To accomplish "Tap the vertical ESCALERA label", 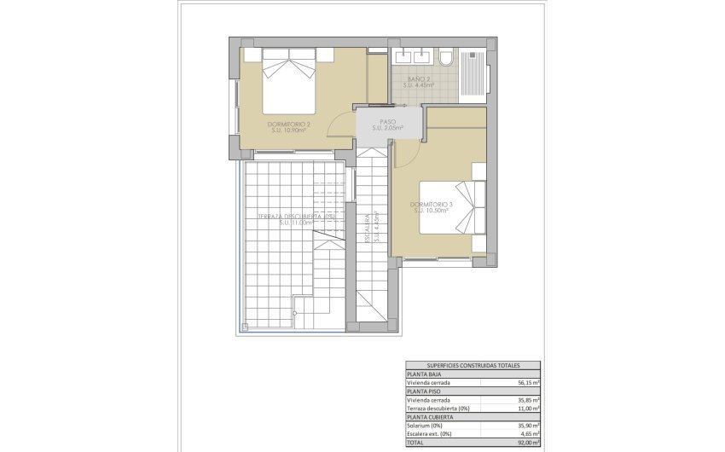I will click(368, 229).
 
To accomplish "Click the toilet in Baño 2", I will click(446, 58).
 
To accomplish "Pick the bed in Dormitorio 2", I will click(287, 74).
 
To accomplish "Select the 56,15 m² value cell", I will click(525, 383).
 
